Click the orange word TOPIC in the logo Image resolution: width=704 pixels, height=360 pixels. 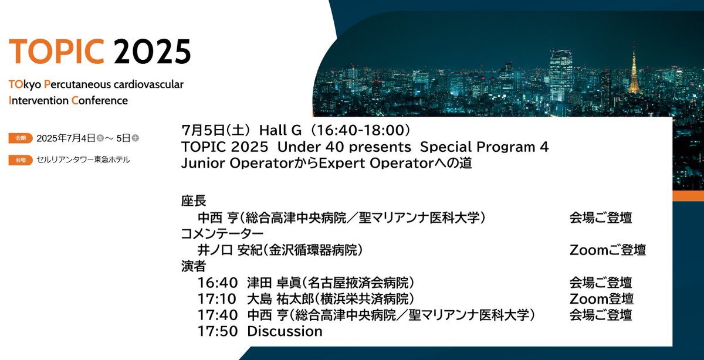point(56,51)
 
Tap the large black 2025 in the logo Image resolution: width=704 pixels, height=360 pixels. point(152,51)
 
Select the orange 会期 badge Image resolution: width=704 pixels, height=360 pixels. point(21,138)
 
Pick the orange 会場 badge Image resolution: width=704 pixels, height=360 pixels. point(21,160)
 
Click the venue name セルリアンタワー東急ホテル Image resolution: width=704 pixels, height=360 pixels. point(83,160)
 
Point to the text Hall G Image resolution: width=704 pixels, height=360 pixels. point(280,130)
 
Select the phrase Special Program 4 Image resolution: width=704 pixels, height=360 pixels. point(485,147)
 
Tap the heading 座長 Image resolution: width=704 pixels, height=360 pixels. point(194,201)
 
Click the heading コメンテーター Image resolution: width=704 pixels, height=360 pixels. point(222,234)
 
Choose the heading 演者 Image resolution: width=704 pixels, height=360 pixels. point(194,266)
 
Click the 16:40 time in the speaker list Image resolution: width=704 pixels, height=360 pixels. point(218,283)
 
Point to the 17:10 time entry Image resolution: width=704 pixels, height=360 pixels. point(217,299)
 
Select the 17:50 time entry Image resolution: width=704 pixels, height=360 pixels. point(218,331)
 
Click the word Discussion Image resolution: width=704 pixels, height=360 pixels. point(285,331)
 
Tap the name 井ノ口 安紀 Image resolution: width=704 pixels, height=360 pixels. point(230,250)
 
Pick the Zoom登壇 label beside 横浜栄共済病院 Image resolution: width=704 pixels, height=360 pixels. point(601,299)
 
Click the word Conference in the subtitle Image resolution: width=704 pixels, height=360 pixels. point(100,101)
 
